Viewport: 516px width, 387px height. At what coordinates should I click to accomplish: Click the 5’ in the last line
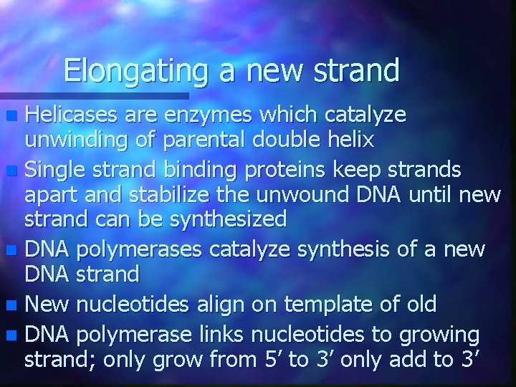[271, 358]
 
